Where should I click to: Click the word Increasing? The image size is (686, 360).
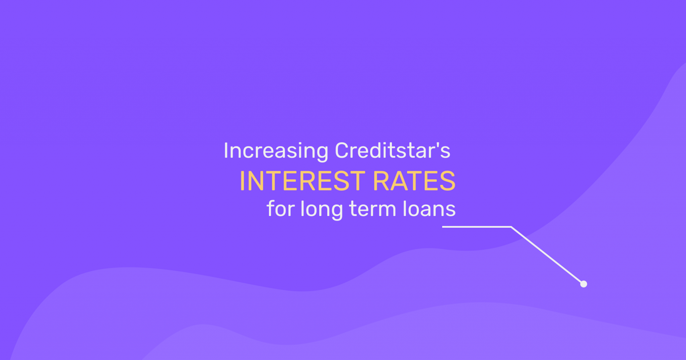click(276, 151)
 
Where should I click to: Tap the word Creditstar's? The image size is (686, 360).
click(393, 150)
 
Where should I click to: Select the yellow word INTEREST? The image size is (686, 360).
click(302, 181)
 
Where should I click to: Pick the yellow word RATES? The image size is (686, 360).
click(414, 181)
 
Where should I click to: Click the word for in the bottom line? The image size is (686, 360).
click(281, 208)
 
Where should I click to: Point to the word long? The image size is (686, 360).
click(322, 210)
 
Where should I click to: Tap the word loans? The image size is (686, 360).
click(429, 208)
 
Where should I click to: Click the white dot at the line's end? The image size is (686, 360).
click(584, 284)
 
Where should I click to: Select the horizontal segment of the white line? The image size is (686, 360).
click(477, 227)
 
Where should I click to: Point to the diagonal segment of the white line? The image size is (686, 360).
click(547, 255)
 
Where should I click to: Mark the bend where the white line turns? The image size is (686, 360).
click(511, 227)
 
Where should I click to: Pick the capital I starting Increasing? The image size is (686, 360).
click(226, 151)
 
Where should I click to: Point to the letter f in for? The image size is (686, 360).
click(271, 208)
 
